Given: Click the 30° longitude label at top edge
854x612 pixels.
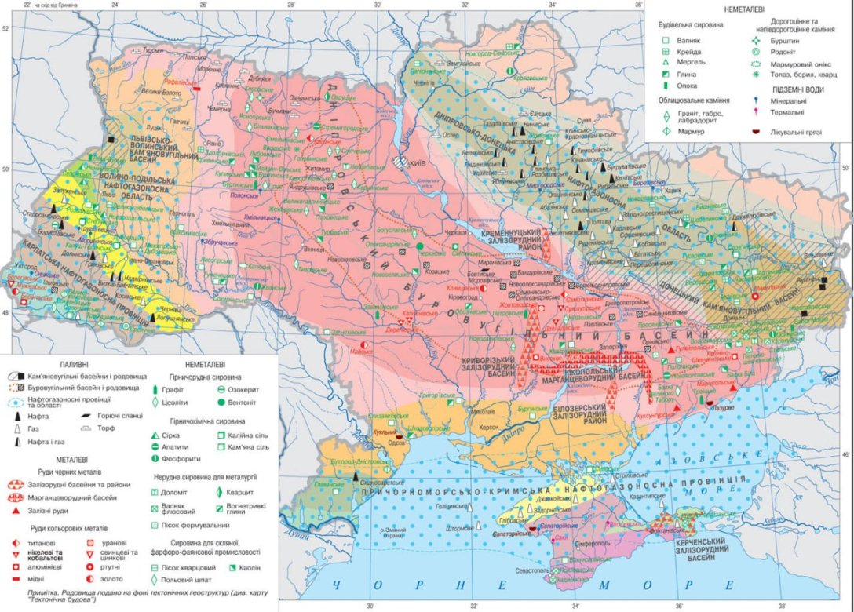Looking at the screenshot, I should (x=376, y=5).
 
